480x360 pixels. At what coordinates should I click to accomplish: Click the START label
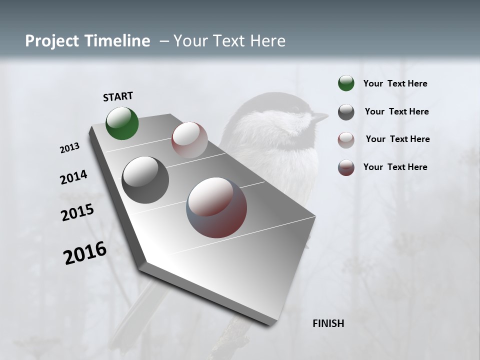(118, 96)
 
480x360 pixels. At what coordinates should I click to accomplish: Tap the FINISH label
(328, 323)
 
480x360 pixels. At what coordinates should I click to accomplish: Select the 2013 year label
(70, 148)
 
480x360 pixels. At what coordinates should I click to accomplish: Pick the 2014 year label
(73, 177)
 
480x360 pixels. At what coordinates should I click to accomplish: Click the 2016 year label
(85, 253)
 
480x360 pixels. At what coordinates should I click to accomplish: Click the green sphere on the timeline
(122, 123)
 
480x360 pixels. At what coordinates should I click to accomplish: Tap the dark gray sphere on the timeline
(145, 179)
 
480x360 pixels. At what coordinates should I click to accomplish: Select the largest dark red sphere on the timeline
(216, 207)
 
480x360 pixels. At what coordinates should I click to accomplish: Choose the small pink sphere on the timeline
(189, 139)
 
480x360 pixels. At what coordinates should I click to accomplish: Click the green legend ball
(346, 83)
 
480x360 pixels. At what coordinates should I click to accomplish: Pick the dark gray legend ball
(346, 112)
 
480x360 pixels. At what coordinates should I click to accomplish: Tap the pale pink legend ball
(346, 140)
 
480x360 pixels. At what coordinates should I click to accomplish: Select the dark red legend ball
(346, 167)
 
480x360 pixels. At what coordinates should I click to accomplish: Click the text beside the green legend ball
(395, 83)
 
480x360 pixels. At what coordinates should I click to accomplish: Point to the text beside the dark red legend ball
(395, 167)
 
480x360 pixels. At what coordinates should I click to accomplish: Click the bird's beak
(320, 117)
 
